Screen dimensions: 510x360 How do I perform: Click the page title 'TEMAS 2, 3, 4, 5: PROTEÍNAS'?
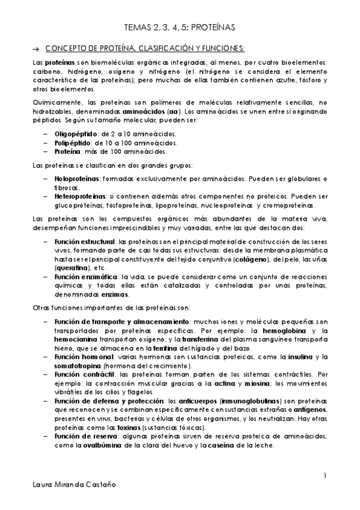(x=180, y=28)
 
